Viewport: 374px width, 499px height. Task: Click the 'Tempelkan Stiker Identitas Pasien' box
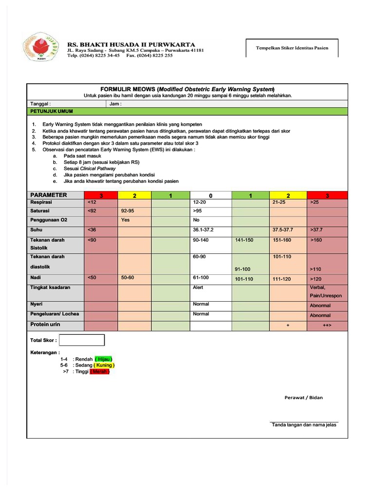(x=292, y=48)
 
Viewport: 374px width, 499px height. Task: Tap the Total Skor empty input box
(x=82, y=340)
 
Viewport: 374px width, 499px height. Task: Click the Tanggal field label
(x=41, y=104)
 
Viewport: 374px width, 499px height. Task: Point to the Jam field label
(x=115, y=104)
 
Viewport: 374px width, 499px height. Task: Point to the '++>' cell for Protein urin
(x=327, y=326)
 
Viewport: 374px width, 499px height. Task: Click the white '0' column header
(x=210, y=195)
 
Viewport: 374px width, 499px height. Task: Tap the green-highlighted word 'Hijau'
(x=104, y=359)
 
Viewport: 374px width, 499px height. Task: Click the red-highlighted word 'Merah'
(x=100, y=371)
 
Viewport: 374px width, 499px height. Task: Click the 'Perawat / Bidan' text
(x=303, y=398)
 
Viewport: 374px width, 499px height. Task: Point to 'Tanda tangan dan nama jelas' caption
(x=304, y=425)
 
